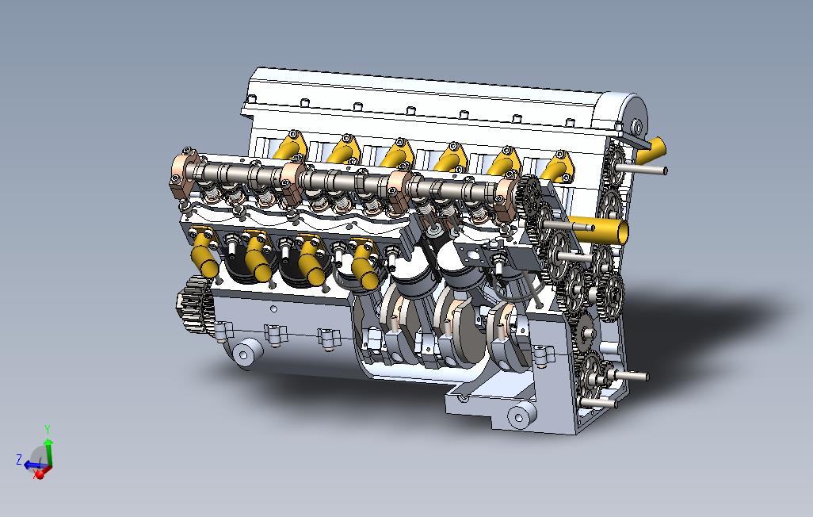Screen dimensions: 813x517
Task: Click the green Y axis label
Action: point(48,429)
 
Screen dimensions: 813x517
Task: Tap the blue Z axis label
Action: point(19,460)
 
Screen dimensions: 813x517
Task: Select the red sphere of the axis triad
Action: point(39,474)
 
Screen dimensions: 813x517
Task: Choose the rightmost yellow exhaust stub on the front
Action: point(365,264)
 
